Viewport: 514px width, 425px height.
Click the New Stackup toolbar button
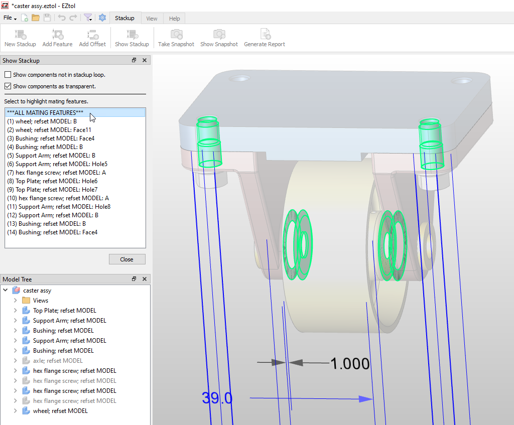click(x=20, y=38)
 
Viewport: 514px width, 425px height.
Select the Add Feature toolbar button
click(x=57, y=38)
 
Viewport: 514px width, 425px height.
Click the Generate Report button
click(x=265, y=38)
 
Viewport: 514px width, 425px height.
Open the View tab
click(x=152, y=19)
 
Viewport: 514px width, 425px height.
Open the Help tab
click(x=174, y=19)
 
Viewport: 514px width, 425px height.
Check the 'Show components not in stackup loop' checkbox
click(x=8, y=75)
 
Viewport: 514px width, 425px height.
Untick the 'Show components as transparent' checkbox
click(x=8, y=86)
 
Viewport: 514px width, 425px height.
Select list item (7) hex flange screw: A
click(x=56, y=173)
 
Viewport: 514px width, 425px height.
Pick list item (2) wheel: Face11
click(x=49, y=130)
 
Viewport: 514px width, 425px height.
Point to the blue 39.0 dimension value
click(x=217, y=398)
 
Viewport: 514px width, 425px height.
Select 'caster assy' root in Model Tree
click(x=37, y=291)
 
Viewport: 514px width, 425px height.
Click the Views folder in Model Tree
click(x=40, y=301)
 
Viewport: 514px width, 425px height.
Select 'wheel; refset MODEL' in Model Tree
click(x=60, y=411)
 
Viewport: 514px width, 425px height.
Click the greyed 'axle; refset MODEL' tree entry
click(x=58, y=361)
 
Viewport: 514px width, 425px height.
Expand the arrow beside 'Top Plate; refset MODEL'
click(x=16, y=311)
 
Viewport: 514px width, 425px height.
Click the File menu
click(x=10, y=18)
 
